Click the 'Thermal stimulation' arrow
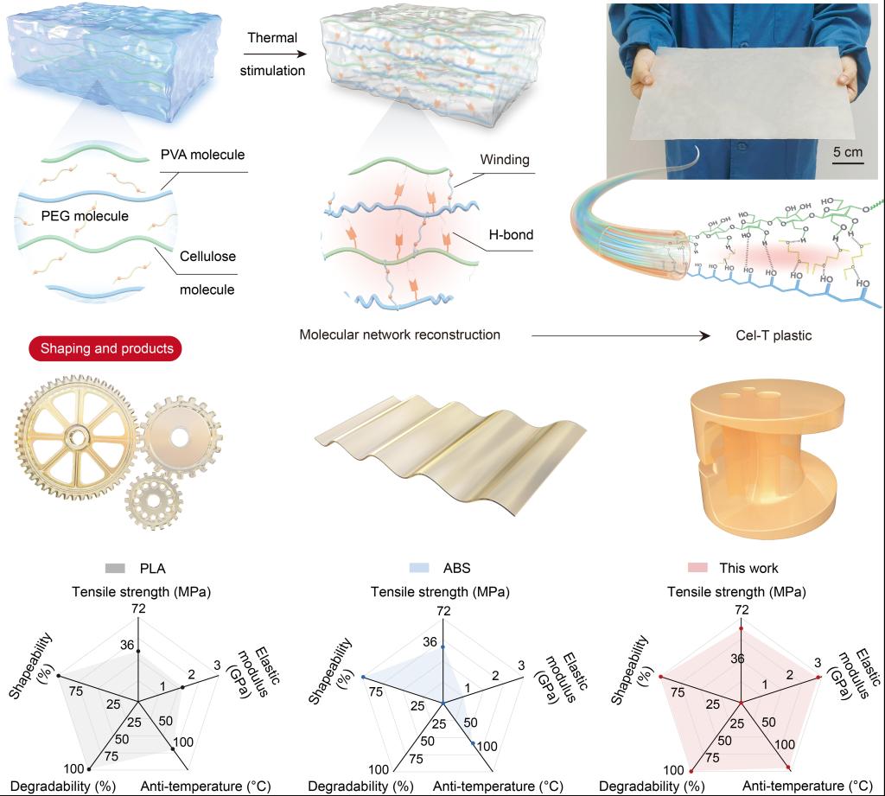(272, 54)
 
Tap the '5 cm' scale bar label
(847, 152)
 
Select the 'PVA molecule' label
(203, 155)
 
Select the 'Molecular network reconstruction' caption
(399, 334)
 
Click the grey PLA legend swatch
(115, 568)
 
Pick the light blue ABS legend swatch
(421, 568)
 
